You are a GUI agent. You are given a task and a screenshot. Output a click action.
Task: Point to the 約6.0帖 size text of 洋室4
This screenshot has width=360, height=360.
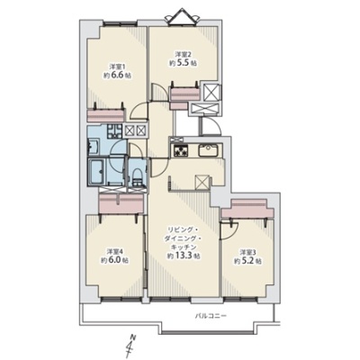[115, 260]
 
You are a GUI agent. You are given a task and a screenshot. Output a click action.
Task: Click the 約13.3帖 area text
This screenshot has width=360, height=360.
[183, 256]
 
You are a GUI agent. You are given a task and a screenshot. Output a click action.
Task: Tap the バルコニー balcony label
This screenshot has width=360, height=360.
[211, 316]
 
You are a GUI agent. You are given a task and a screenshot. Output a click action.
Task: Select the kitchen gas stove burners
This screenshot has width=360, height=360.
[179, 150]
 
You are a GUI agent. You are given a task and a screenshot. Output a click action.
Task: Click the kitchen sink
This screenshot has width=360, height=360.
[209, 149]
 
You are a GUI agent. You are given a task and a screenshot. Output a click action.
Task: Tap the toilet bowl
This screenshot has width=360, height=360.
[137, 175]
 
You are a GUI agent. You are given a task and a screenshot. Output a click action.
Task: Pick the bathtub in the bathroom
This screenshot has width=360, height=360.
[97, 173]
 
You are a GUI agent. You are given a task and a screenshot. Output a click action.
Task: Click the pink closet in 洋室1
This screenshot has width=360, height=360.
[105, 115]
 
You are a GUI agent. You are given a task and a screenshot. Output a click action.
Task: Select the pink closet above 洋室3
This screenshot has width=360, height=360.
[247, 209]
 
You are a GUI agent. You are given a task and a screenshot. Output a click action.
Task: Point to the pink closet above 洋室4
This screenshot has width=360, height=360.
[121, 203]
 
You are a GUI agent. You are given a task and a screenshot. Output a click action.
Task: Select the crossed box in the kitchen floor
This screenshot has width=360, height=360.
[201, 181]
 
